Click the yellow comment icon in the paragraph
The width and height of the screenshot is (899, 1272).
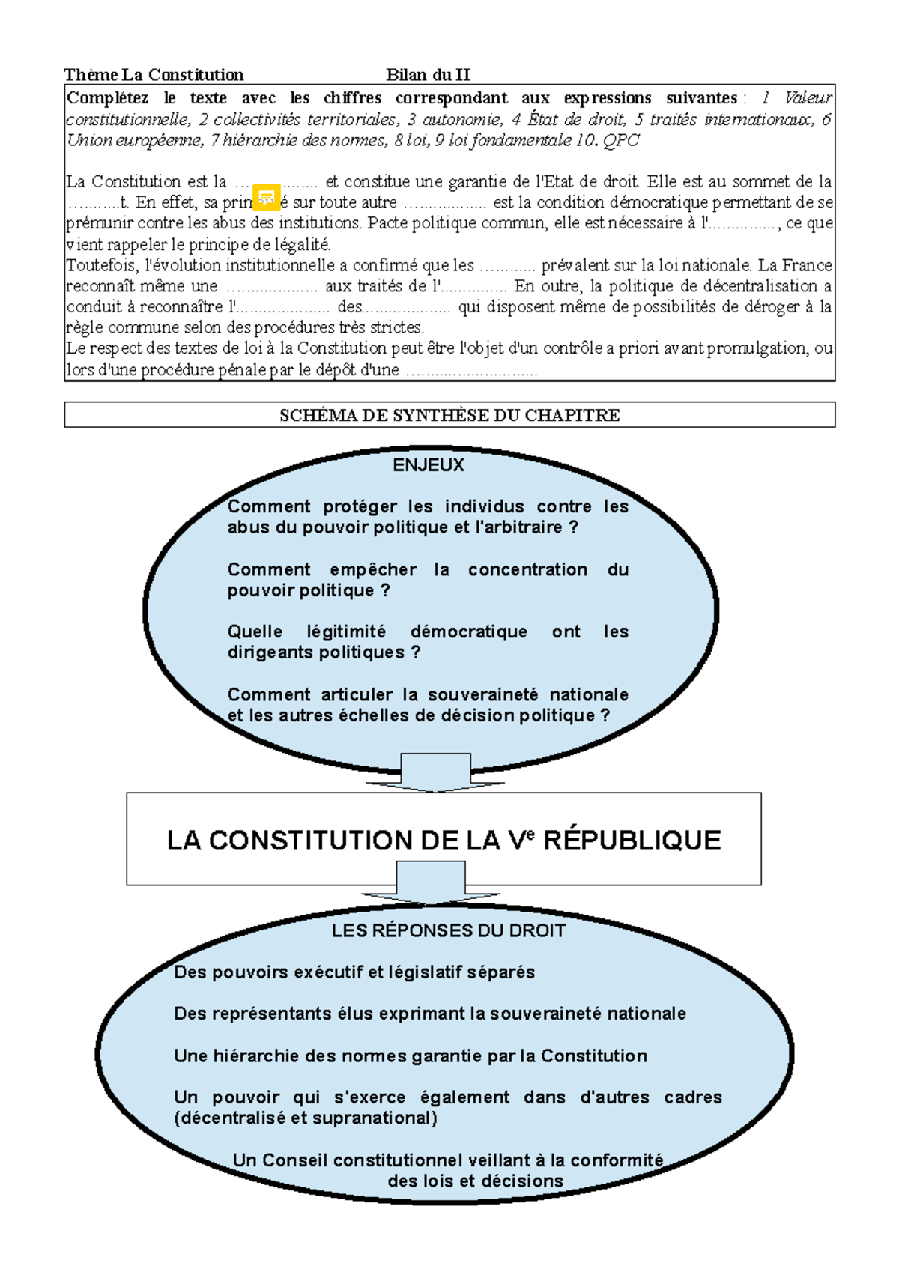266,197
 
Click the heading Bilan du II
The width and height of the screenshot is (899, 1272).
428,74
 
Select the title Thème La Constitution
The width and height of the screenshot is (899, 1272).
154,74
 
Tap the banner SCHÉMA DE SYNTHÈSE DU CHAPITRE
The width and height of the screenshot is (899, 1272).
449,415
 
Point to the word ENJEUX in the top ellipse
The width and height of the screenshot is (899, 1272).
429,465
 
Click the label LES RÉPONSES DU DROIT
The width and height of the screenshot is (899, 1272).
449,930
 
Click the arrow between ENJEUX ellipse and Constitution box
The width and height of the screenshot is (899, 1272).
435,772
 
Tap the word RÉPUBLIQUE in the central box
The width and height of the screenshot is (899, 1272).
632,841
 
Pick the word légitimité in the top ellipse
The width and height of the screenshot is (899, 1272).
346,632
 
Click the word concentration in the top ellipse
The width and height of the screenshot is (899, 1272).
527,569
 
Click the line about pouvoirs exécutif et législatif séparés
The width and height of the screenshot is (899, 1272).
354,972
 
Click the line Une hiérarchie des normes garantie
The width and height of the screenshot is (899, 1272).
411,1056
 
